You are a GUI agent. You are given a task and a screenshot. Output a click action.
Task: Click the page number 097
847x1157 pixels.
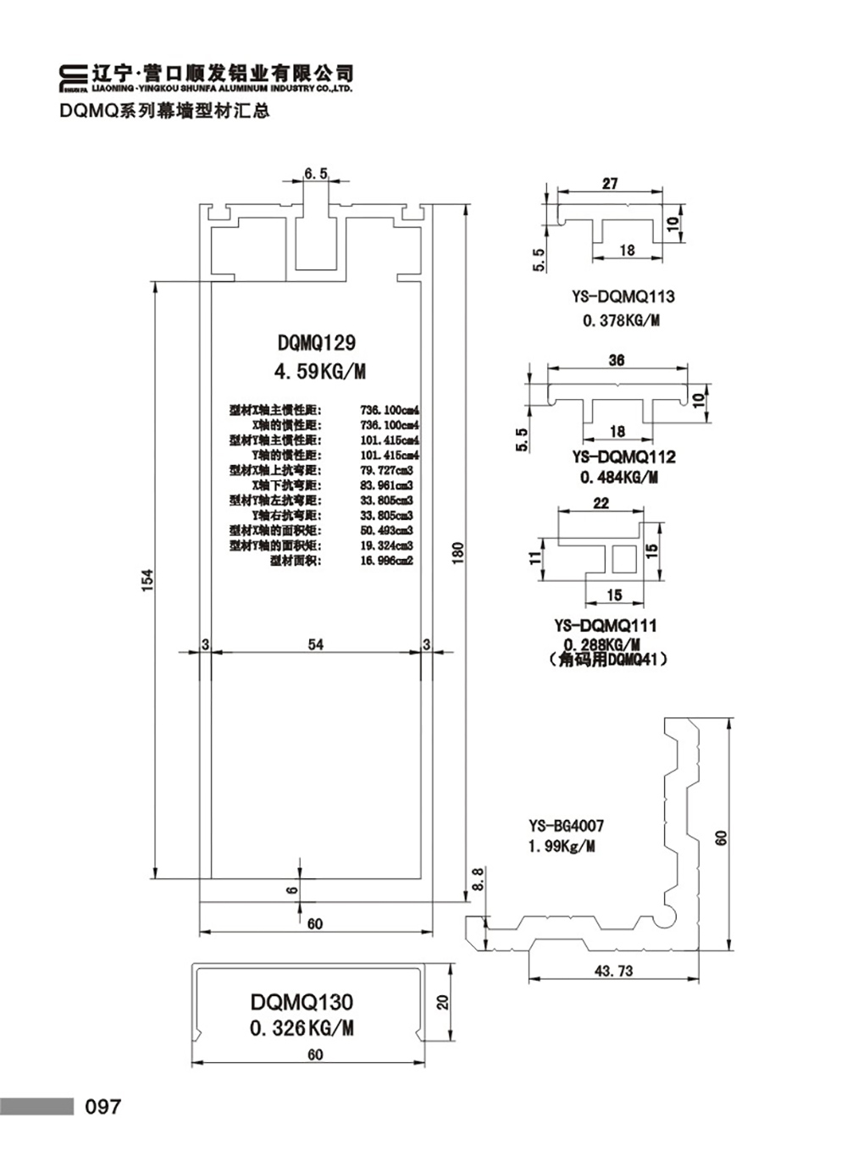102,1106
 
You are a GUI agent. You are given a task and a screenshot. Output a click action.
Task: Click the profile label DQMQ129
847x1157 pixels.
317,343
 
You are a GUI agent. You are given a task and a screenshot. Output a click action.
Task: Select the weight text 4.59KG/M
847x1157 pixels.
318,371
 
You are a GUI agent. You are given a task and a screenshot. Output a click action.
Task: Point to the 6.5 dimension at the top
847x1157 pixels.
315,174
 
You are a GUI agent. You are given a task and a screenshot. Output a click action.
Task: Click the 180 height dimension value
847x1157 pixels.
458,552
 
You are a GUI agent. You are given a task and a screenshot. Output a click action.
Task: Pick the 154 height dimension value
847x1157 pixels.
147,579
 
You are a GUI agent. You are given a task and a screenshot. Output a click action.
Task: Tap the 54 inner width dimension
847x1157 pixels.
315,645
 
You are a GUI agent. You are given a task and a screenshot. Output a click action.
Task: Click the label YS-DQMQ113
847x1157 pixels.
623,297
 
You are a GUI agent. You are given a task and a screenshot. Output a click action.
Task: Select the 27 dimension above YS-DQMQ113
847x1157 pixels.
610,183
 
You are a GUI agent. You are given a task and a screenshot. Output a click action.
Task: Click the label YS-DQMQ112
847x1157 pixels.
623,457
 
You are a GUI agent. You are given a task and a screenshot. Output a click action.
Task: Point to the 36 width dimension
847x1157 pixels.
616,360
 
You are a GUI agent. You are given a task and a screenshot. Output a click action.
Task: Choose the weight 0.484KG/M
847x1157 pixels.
619,478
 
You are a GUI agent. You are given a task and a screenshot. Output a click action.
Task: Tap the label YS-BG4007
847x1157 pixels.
566,826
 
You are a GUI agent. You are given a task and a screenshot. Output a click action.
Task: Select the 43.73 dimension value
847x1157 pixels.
613,972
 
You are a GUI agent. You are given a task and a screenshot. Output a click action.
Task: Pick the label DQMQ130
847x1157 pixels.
302,1002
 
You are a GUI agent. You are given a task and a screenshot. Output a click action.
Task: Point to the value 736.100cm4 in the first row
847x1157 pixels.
390,410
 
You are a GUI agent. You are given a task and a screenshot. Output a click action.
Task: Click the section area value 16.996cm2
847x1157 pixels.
386,561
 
